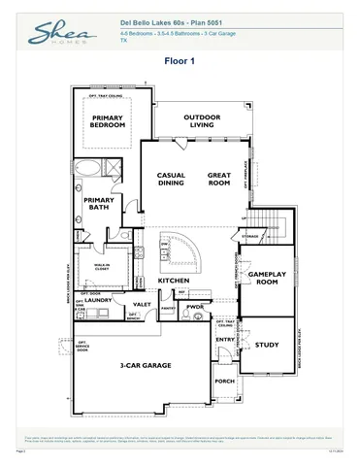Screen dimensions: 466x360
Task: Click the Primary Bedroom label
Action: (108, 121)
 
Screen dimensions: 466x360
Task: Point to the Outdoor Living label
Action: (201, 120)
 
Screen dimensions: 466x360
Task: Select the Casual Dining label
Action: (171, 179)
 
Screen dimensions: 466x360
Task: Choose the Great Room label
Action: (218, 179)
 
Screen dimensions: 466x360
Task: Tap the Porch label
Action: (225, 382)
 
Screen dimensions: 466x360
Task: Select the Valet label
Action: (142, 305)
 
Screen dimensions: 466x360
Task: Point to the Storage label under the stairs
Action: (250, 236)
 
